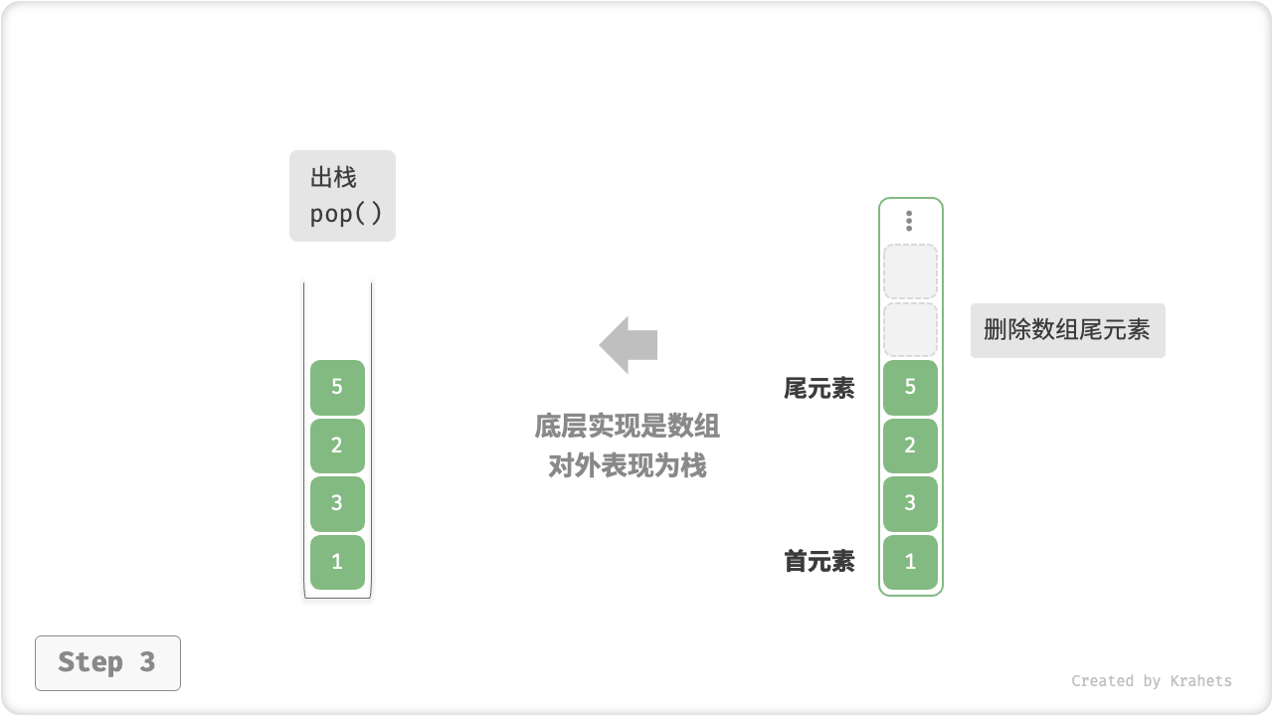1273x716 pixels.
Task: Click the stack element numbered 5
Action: pyautogui.click(x=337, y=387)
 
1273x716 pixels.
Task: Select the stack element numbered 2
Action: pyautogui.click(x=337, y=446)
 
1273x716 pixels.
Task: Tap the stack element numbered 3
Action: pyautogui.click(x=337, y=503)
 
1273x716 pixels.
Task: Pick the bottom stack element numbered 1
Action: pyautogui.click(x=337, y=562)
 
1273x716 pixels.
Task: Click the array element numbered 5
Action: pyautogui.click(x=910, y=387)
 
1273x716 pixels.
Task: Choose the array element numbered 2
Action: pyautogui.click(x=910, y=446)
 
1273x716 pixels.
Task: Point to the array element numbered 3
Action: pyautogui.click(x=910, y=503)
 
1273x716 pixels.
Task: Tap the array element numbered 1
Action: pyautogui.click(x=910, y=562)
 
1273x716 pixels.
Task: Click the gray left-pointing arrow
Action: pyautogui.click(x=629, y=345)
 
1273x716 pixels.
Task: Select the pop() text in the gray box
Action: pyautogui.click(x=345, y=214)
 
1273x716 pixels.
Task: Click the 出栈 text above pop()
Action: pyautogui.click(x=333, y=179)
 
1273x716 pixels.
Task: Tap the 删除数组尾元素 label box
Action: pyautogui.click(x=1067, y=330)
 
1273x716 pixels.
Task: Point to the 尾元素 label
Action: pyautogui.click(x=818, y=389)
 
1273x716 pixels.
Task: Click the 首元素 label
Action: pyautogui.click(x=818, y=562)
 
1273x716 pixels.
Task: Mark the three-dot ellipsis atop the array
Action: pyautogui.click(x=909, y=221)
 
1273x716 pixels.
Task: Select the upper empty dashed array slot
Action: pyautogui.click(x=910, y=271)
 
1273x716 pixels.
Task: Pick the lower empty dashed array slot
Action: pyautogui.click(x=910, y=330)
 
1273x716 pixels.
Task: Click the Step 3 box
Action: pyautogui.click(x=107, y=662)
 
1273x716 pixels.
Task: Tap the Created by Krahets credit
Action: pyautogui.click(x=1151, y=681)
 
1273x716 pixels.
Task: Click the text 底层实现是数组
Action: pyautogui.click(x=628, y=427)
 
